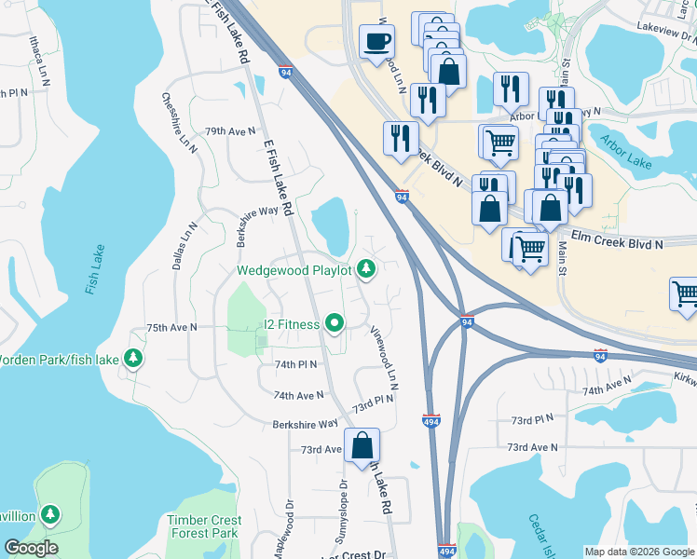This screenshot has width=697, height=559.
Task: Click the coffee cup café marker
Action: [x=376, y=42]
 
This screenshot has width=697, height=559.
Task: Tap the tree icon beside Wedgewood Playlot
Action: [x=366, y=270]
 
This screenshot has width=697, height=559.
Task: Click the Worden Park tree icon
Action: [x=133, y=358]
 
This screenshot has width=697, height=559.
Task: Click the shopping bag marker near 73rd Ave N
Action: [x=362, y=444]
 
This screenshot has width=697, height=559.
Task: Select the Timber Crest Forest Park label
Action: [x=204, y=527]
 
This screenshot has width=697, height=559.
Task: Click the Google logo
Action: [x=31, y=548]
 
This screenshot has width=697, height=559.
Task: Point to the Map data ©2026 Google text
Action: [x=638, y=552]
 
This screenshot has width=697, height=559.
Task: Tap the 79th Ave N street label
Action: [x=229, y=131]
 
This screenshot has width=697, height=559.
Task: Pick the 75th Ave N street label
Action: [x=171, y=328]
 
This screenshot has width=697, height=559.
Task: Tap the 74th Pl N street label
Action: [x=295, y=364]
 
